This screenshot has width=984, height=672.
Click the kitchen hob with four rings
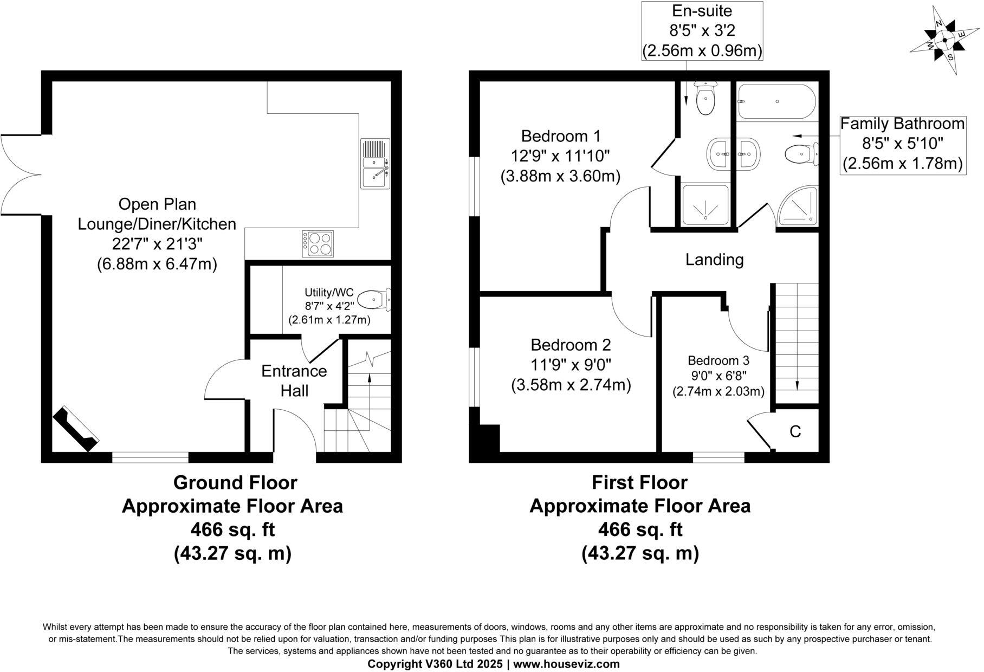pyautogui.click(x=318, y=243)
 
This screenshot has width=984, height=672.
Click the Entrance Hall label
pyautogui.click(x=294, y=380)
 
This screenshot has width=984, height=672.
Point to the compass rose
pyautogui.click(x=944, y=40)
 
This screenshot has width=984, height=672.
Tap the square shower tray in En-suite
pyautogui.click(x=705, y=205)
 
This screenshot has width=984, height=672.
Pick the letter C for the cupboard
pyautogui.click(x=795, y=431)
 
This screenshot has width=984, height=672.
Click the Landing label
pyautogui.click(x=714, y=260)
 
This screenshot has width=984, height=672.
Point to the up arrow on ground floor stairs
pyautogui.click(x=369, y=379)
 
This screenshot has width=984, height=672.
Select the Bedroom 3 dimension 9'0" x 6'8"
pyautogui.click(x=718, y=375)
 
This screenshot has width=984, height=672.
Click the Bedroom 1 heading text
pyautogui.click(x=560, y=135)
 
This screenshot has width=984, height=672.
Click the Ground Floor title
pyautogui.click(x=235, y=482)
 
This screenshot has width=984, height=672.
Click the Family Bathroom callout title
pyautogui.click(x=902, y=124)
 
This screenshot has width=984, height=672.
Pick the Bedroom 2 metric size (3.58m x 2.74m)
pyautogui.click(x=571, y=385)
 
